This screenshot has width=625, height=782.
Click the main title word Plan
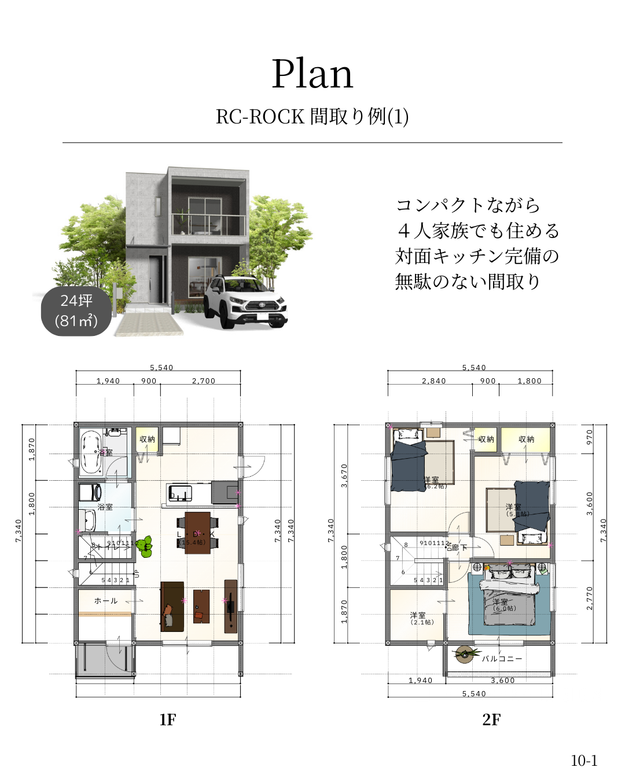(312, 74)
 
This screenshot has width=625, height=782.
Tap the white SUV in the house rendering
(245, 300)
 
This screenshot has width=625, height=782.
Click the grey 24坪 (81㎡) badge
(76, 311)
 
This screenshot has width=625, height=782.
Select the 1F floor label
(167, 719)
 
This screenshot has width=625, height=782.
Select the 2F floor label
(491, 719)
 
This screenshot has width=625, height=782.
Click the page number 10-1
(584, 761)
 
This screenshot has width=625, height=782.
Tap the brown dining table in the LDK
(197, 532)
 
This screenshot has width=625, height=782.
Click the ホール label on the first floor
(106, 601)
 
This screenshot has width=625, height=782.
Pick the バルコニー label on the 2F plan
(502, 659)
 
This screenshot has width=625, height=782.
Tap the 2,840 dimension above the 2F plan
(433, 381)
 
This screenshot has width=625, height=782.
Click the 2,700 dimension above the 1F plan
(204, 381)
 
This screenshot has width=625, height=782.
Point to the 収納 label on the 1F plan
(147, 439)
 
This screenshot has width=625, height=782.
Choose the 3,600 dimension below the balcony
(502, 681)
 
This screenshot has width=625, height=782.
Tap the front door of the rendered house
(155, 279)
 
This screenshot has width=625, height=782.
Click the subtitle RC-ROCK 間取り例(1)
(312, 116)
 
